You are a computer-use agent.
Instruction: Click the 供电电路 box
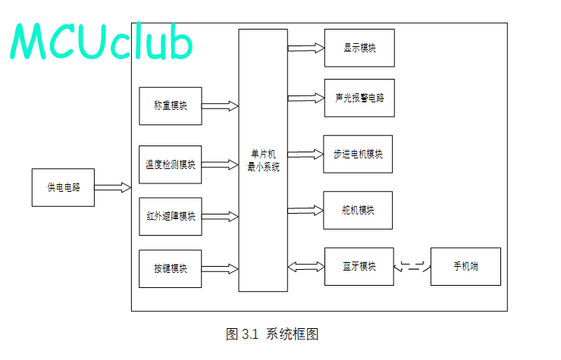point(63,187)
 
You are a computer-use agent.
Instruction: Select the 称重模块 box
point(171,106)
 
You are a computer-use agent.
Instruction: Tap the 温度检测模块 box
point(171,164)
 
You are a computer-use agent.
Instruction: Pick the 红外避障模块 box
point(171,217)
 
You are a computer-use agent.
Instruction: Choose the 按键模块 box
point(171,269)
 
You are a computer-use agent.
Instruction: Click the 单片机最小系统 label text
point(263,161)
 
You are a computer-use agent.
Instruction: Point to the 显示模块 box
point(359,48)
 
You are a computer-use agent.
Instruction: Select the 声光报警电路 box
point(359,98)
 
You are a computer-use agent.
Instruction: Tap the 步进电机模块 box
point(358,155)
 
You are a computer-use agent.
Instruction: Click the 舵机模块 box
point(358,211)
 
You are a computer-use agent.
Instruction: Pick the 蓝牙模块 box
point(359,267)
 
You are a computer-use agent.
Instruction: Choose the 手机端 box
point(465,267)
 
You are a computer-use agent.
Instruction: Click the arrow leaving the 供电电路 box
point(113,187)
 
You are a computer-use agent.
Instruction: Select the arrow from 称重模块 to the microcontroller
point(220,106)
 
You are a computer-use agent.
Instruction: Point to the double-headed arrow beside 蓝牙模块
point(306,267)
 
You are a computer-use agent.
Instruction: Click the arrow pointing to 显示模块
point(306,48)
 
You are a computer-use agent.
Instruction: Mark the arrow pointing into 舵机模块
point(306,211)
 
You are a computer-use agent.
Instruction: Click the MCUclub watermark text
point(102,40)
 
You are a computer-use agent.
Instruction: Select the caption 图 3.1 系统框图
point(272,334)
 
